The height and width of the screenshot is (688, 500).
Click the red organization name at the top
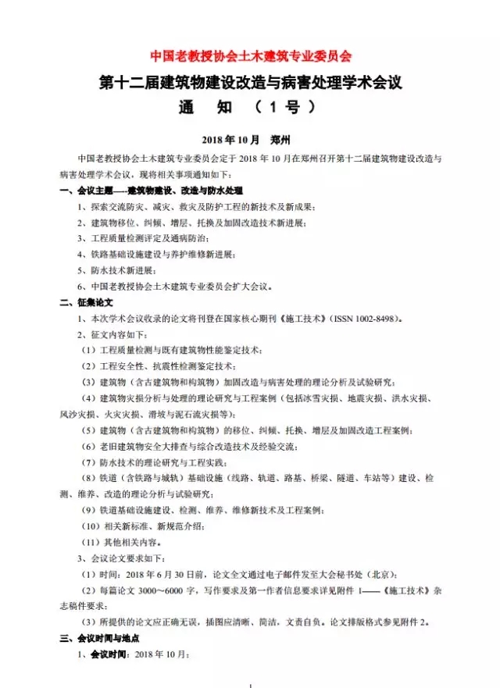click(x=251, y=56)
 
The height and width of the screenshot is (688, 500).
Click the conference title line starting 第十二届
click(x=251, y=81)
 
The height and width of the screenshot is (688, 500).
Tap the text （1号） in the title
click(x=294, y=107)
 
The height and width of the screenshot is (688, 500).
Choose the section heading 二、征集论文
click(x=87, y=301)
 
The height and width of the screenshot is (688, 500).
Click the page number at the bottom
click(x=249, y=685)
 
